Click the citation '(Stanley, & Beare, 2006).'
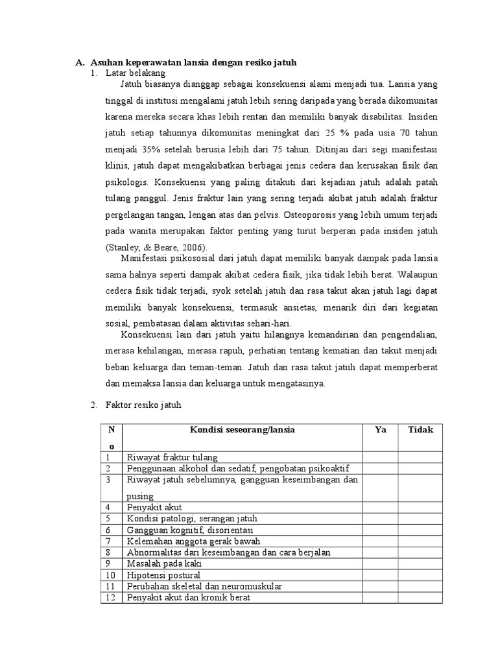click(154, 248)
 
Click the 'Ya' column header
click(380, 430)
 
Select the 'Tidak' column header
click(420, 430)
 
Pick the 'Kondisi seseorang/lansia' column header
click(242, 430)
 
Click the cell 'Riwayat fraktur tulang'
click(172, 456)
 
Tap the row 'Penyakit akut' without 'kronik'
click(155, 506)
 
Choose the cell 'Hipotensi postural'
click(163, 575)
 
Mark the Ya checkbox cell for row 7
click(380, 541)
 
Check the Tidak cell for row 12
click(420, 598)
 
